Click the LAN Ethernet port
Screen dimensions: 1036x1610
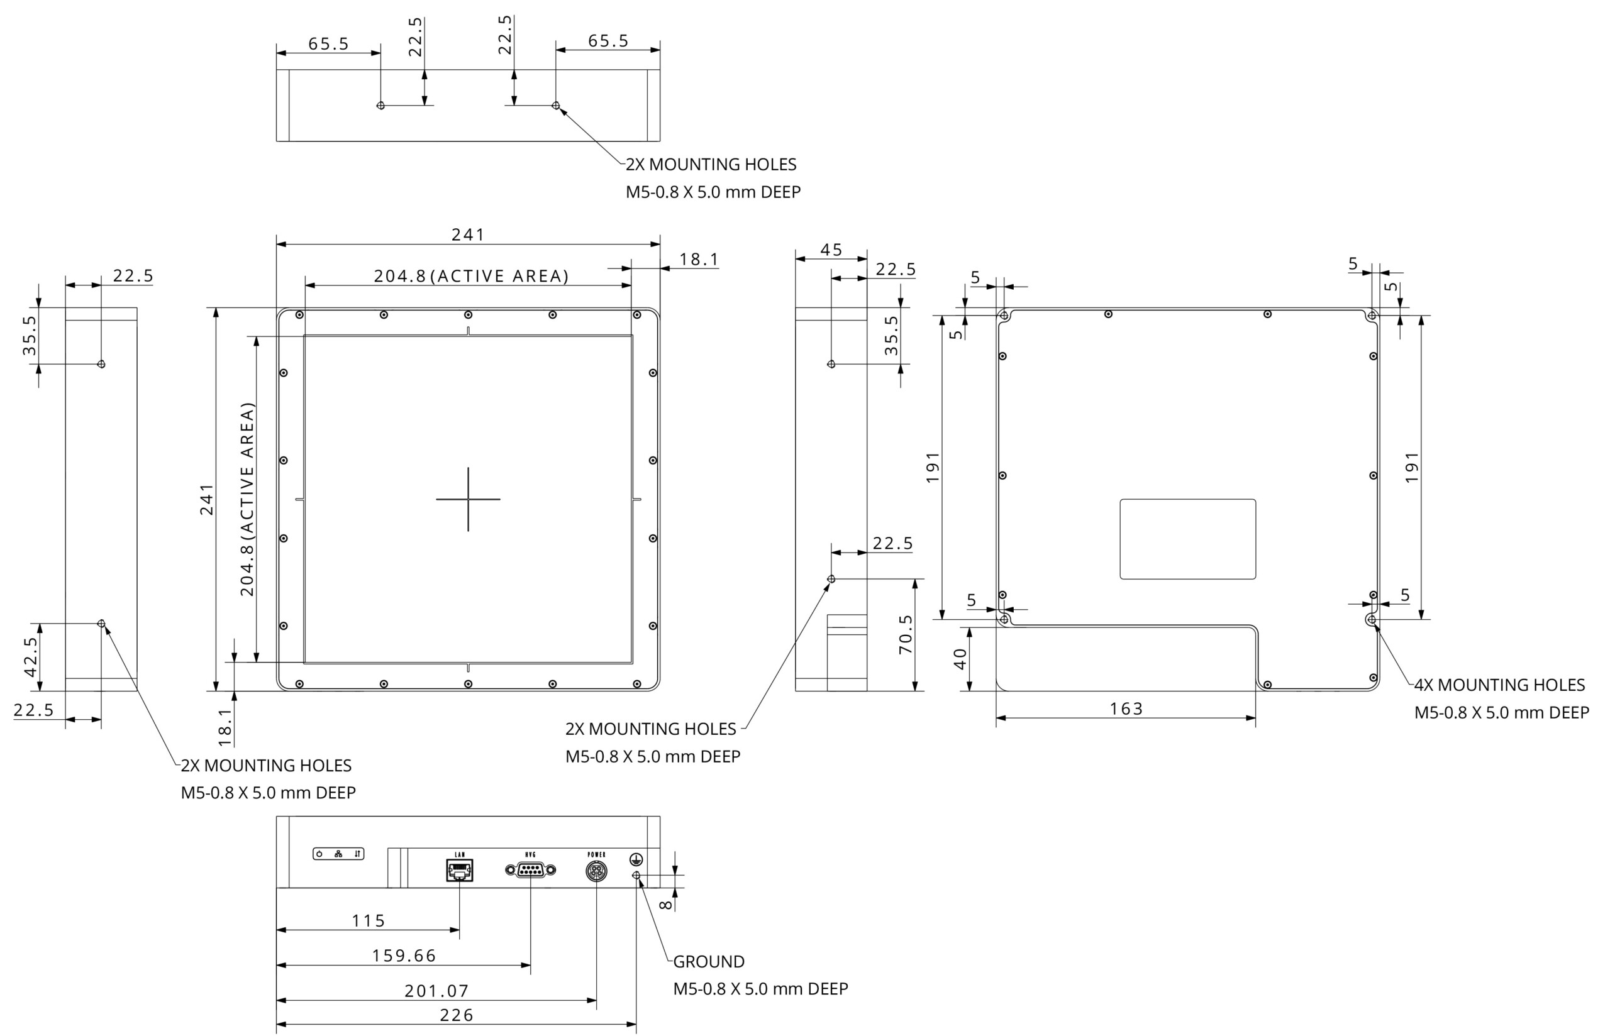tap(460, 870)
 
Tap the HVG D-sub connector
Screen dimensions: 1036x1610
tap(530, 870)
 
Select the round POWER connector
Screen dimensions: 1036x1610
tap(596, 871)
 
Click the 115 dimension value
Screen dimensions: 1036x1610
tap(369, 920)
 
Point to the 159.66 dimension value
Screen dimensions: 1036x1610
tap(404, 956)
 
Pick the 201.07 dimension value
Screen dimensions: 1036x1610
tap(436, 990)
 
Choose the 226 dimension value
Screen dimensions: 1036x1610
tap(457, 1015)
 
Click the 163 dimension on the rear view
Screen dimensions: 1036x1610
tap(1126, 708)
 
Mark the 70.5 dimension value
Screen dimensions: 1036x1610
tap(906, 634)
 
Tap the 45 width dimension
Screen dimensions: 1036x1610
tap(831, 250)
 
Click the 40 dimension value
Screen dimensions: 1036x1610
tap(961, 659)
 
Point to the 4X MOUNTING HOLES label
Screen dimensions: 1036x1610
tap(1499, 685)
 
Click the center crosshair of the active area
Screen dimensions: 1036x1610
tap(468, 499)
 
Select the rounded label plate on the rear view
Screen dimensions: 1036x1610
tap(1187, 539)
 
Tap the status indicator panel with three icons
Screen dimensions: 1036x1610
tap(338, 854)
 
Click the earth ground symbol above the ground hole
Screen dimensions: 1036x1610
tap(636, 859)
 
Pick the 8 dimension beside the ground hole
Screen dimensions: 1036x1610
tap(665, 905)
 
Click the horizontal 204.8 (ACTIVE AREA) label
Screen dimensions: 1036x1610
tap(471, 276)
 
